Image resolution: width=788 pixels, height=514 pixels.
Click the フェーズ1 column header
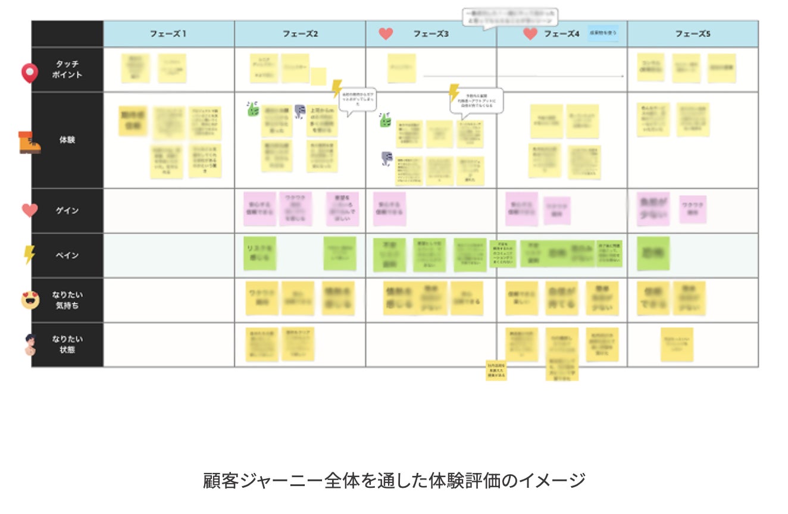click(168, 34)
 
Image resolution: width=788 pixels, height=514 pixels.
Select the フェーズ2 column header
click(300, 34)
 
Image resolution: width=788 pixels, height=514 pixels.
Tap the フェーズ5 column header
click(693, 34)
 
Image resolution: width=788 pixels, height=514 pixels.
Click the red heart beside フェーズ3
click(386, 34)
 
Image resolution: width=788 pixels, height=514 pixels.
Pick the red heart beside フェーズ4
click(530, 34)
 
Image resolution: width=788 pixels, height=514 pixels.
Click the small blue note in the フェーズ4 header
click(603, 33)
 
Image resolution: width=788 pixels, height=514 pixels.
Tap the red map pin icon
click(29, 73)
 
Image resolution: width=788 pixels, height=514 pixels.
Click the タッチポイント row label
click(67, 69)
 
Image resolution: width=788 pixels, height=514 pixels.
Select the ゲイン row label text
click(67, 211)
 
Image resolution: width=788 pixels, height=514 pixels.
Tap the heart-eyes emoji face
click(30, 300)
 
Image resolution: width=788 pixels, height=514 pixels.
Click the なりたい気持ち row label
click(67, 300)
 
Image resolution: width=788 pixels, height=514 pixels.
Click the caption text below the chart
click(394, 480)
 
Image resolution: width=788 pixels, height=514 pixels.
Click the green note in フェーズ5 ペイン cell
click(653, 253)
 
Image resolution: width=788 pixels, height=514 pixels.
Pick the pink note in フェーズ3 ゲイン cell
click(389, 209)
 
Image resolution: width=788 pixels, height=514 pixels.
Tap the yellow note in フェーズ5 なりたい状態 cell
click(677, 344)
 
